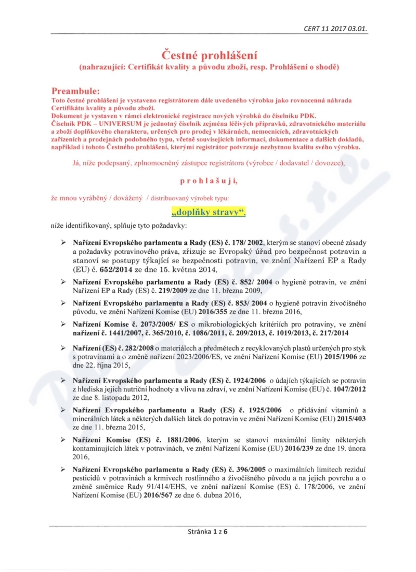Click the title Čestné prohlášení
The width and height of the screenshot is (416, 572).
click(207, 55)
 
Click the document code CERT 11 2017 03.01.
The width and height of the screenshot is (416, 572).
click(336, 29)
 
